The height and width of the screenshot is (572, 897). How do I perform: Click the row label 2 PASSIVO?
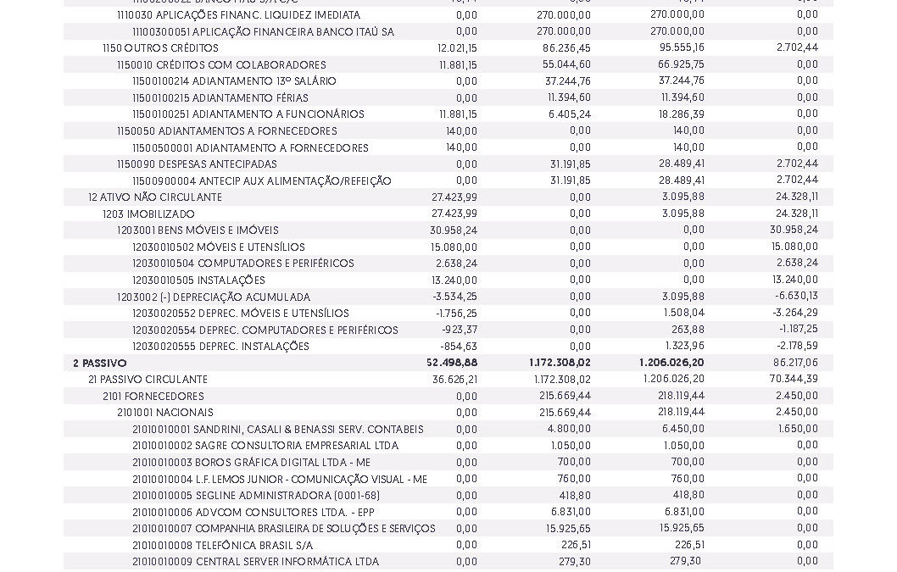click(100, 364)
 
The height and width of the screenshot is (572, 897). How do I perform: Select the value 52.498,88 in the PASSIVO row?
click(452, 364)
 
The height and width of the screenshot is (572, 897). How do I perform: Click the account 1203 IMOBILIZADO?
click(148, 214)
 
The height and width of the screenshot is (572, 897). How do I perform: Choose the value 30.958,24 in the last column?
click(794, 230)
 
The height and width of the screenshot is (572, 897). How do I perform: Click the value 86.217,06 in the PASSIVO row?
click(794, 364)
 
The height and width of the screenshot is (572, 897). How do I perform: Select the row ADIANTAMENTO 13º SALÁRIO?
click(234, 81)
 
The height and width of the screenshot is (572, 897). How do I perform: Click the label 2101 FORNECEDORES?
click(153, 397)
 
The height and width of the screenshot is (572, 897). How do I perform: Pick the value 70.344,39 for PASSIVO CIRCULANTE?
click(794, 380)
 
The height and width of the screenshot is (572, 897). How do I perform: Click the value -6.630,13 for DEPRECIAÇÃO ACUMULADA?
click(796, 297)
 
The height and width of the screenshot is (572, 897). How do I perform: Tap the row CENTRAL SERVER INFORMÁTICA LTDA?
click(255, 562)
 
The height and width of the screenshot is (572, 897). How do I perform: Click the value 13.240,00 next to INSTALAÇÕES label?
click(454, 280)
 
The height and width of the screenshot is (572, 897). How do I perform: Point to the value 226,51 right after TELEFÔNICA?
click(576, 546)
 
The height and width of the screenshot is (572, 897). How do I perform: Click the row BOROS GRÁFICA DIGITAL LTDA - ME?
click(251, 463)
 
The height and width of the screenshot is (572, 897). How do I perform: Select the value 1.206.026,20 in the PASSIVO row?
click(671, 364)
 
